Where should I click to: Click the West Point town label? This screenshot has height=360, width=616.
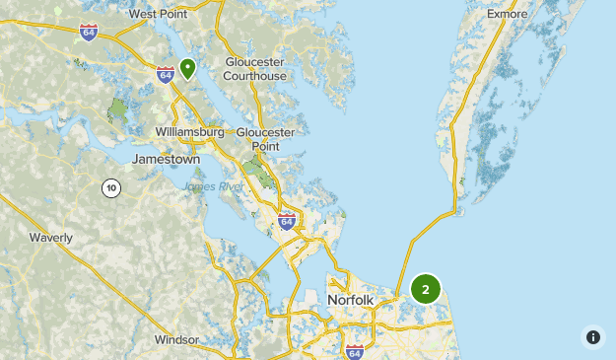[x=158, y=14]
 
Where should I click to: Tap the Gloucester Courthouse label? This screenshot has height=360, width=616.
[x=254, y=68]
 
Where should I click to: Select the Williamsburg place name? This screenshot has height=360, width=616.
[x=190, y=131]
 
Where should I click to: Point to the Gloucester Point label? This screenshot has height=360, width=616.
[x=265, y=139]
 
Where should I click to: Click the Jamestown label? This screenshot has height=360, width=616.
[x=166, y=159]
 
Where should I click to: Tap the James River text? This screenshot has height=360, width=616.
[x=213, y=186]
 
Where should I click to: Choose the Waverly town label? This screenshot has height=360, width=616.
[x=51, y=238]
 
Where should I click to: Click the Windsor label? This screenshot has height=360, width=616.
[x=176, y=340]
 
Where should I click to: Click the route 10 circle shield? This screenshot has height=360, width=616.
[x=111, y=187]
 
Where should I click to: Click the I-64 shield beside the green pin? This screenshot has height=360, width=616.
[x=165, y=74]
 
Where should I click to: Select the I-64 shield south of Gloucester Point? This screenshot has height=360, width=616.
[x=287, y=222]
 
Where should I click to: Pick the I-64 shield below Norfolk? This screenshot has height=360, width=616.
[x=354, y=351]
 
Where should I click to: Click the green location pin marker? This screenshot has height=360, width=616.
[x=186, y=68]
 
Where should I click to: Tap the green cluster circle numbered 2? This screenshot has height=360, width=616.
[x=426, y=289]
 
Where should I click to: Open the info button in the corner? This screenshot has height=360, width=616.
[x=592, y=336]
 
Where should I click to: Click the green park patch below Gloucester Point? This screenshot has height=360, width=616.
[x=259, y=169]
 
